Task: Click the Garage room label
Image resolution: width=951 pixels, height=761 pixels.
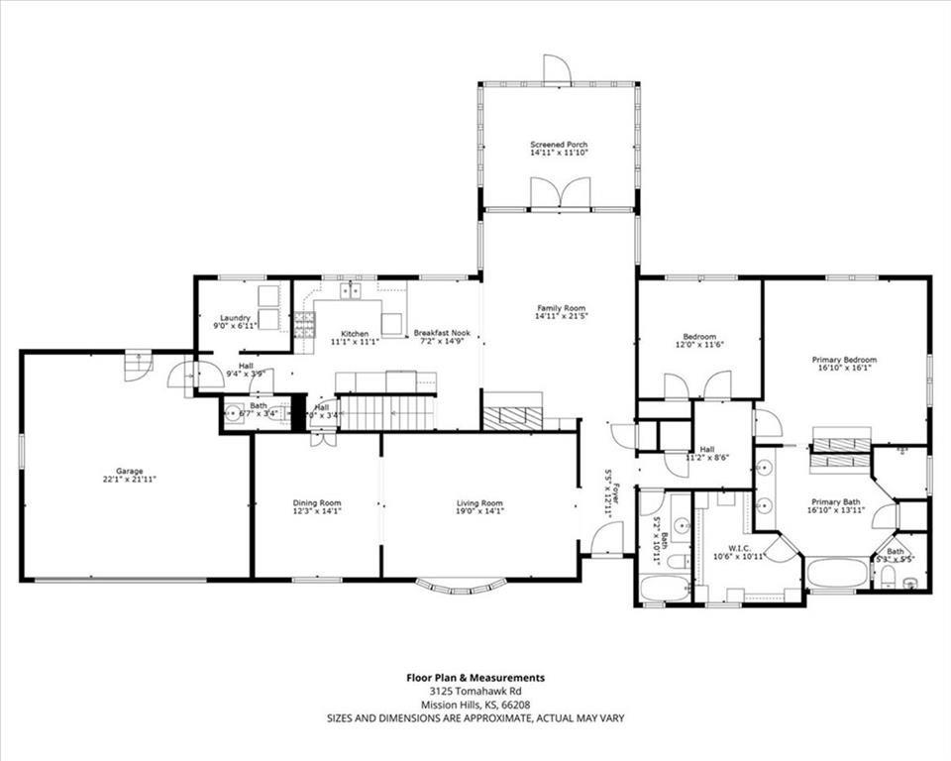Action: pyautogui.click(x=129, y=471)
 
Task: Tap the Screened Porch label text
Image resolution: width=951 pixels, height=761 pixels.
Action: pyautogui.click(x=558, y=145)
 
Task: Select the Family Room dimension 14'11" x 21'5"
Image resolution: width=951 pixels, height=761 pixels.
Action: pyautogui.click(x=562, y=317)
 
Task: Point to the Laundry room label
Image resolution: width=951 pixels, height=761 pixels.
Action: pyautogui.click(x=235, y=317)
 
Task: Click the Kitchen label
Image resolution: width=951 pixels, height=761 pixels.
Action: pyautogui.click(x=355, y=334)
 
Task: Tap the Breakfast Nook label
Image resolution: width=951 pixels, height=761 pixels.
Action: pyautogui.click(x=437, y=334)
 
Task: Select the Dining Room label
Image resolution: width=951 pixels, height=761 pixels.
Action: pyautogui.click(x=317, y=502)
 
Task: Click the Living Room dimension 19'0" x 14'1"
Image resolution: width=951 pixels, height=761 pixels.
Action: pyautogui.click(x=479, y=511)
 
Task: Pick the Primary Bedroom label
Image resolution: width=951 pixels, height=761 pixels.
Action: pyautogui.click(x=844, y=360)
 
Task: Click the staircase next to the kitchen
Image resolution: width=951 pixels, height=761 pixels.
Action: pyautogui.click(x=386, y=412)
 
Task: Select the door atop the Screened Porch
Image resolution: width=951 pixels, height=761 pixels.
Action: pyautogui.click(x=558, y=68)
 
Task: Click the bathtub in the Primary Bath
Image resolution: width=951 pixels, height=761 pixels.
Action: pyautogui.click(x=837, y=573)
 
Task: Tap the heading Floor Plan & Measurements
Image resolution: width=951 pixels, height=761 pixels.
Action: pyautogui.click(x=475, y=678)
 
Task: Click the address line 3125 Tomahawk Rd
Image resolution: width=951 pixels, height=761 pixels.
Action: pyautogui.click(x=475, y=691)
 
